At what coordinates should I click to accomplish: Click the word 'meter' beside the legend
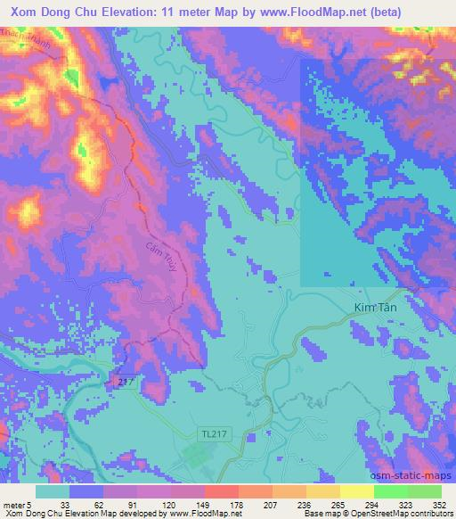(12, 505)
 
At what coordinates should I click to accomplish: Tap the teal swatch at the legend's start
(53, 491)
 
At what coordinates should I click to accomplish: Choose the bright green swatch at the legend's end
(424, 491)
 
